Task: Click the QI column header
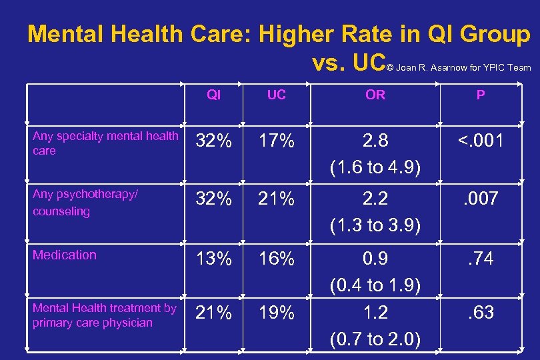tap(213, 95)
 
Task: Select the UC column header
tap(276, 95)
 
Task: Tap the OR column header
tap(375, 95)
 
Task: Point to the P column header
tap(480, 95)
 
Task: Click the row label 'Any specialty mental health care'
tap(105, 143)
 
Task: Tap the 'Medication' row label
tap(65, 255)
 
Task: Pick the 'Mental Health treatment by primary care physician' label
tap(104, 315)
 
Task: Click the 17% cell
tap(276, 142)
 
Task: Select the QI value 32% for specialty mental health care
tap(213, 142)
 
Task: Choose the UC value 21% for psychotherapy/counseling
tap(276, 199)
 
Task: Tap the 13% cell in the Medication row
tap(213, 259)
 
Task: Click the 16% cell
tap(276, 259)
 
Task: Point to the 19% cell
tap(276, 313)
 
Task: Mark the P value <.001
tap(480, 141)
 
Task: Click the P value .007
tap(480, 198)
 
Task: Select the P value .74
tap(480, 257)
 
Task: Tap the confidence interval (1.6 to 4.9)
tap(375, 167)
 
